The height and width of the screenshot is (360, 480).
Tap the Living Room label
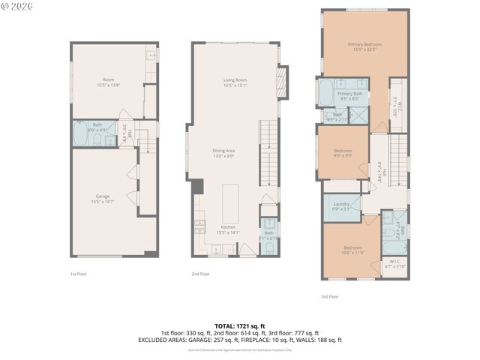tap(235, 80)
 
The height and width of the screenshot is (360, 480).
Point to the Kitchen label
tap(228, 226)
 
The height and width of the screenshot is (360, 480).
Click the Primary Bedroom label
tap(364, 44)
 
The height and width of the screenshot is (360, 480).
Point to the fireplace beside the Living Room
tap(282, 77)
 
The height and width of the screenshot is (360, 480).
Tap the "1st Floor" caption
tap(79, 274)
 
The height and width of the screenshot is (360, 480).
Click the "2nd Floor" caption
tap(200, 274)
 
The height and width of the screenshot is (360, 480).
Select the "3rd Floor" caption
tap(330, 296)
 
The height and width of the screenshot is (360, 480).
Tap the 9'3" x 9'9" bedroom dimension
tap(343, 156)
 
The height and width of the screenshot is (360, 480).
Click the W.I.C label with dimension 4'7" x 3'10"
tap(394, 262)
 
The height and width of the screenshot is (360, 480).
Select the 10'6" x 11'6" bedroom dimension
tap(354, 253)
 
